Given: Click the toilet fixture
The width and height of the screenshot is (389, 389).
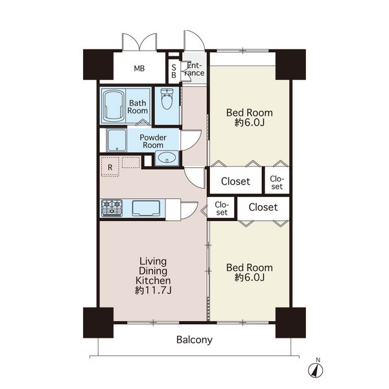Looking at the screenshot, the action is point(167,99).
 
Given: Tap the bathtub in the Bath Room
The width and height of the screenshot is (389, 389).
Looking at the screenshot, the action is point(113,106).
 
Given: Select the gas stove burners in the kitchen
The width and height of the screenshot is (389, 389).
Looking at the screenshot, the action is point(112,207).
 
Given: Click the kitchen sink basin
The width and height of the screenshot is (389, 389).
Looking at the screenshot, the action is point(146,208).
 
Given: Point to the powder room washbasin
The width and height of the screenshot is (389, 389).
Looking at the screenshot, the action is point(167,158).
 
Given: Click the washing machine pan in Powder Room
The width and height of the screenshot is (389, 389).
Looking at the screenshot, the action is point(117,140).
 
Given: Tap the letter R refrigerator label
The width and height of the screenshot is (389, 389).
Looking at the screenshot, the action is point(110,167).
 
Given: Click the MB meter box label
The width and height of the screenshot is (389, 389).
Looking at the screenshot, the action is point(139,68).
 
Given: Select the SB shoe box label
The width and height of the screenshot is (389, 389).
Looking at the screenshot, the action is point(174,71).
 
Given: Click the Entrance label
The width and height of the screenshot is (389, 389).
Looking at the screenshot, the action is point(195,69).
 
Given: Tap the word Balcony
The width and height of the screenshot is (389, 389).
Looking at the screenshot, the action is point(194,340).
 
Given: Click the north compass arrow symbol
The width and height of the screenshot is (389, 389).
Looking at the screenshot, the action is point(315,371).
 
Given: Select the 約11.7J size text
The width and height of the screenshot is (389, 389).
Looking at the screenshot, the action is point(153,290).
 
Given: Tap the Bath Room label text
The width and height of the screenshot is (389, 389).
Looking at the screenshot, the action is point(137,106).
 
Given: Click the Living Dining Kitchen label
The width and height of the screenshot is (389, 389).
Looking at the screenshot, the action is point(153,270).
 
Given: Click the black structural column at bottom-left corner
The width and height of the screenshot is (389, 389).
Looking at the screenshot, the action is point(99,322).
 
